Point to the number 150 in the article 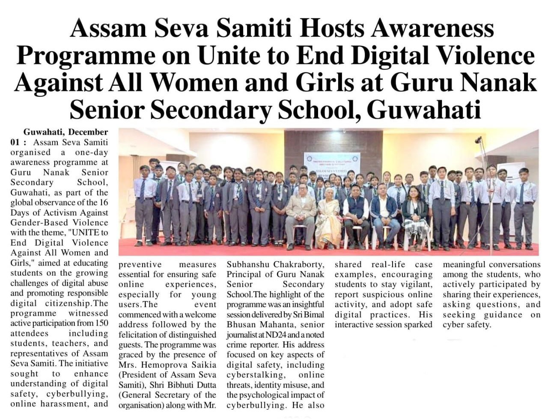pyautogui.click(x=100, y=323)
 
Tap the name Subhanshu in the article pyautogui.click(x=248, y=264)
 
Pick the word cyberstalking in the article pyautogui.click(x=250, y=375)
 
